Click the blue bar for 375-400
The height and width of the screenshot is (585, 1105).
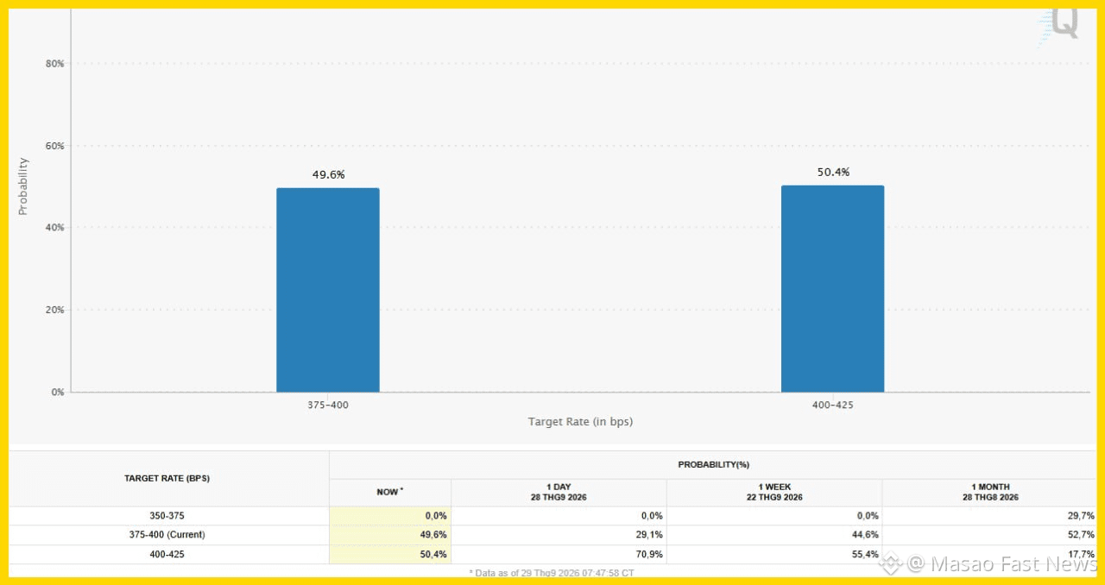pyautogui.click(x=328, y=290)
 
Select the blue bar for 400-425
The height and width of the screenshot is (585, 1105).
pyautogui.click(x=833, y=288)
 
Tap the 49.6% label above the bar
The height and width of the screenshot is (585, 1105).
pyautogui.click(x=329, y=174)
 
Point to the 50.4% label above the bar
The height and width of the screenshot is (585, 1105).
pyautogui.click(x=833, y=173)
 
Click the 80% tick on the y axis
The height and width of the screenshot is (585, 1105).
pyautogui.click(x=54, y=64)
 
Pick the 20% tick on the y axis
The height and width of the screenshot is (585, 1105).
pyautogui.click(x=54, y=310)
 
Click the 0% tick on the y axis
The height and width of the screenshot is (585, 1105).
pyautogui.click(x=58, y=392)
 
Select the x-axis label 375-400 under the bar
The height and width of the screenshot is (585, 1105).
pyautogui.click(x=328, y=405)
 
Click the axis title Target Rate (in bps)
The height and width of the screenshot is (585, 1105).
pyautogui.click(x=580, y=422)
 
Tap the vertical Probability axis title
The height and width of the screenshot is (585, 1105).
pyautogui.click(x=22, y=186)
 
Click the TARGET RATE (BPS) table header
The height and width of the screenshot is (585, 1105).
pyautogui.click(x=167, y=479)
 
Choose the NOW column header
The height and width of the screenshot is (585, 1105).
pyautogui.click(x=389, y=492)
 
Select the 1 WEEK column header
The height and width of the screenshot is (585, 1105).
pyautogui.click(x=774, y=492)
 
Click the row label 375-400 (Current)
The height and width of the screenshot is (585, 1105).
pyautogui.click(x=167, y=535)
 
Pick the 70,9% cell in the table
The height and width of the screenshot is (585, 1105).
pyautogui.click(x=649, y=555)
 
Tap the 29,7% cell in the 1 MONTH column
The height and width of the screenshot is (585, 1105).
pyautogui.click(x=1081, y=516)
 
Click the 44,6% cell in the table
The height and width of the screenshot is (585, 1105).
pyautogui.click(x=865, y=535)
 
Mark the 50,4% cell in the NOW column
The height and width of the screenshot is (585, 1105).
pyautogui.click(x=433, y=555)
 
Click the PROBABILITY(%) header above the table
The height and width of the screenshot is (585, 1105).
pyautogui.click(x=713, y=465)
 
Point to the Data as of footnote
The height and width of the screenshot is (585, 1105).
pyautogui.click(x=552, y=573)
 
